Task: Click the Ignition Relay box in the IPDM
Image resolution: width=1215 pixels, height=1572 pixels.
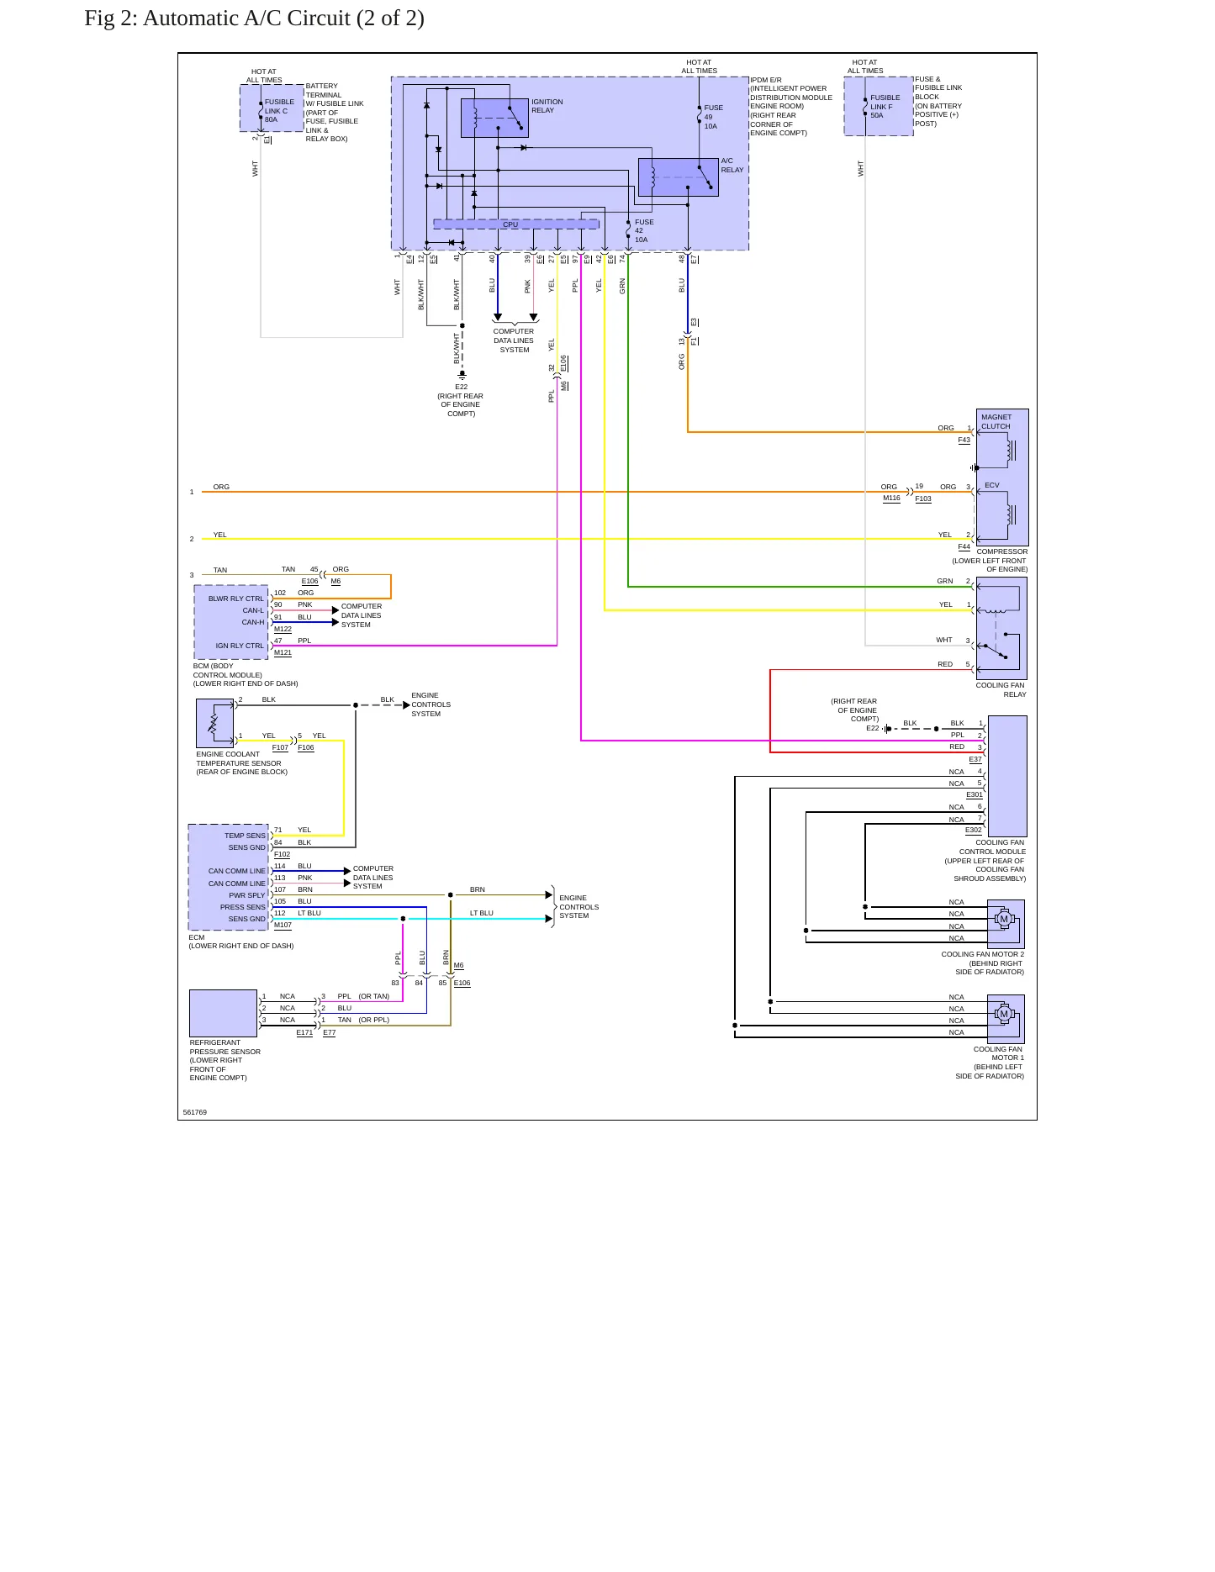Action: pyautogui.click(x=494, y=119)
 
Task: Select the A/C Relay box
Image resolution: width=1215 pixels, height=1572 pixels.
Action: pyautogui.click(x=678, y=177)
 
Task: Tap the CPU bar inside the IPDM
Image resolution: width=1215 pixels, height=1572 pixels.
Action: pyautogui.click(x=515, y=224)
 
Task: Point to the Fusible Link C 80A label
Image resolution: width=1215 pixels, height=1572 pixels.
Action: pyautogui.click(x=279, y=111)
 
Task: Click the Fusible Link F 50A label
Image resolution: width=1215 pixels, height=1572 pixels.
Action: pyautogui.click(x=885, y=107)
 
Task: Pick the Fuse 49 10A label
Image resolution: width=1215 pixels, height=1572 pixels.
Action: pyautogui.click(x=713, y=117)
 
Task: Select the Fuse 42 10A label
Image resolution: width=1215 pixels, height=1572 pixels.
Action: pyautogui.click(x=644, y=231)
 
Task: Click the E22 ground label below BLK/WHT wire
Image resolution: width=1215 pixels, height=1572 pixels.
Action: pyautogui.click(x=461, y=387)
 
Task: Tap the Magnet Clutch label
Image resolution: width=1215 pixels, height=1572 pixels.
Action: pyautogui.click(x=996, y=422)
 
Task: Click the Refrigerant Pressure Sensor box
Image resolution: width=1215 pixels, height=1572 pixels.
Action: pyautogui.click(x=223, y=1013)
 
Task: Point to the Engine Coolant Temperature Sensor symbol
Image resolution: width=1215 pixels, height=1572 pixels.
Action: pyautogui.click(x=214, y=724)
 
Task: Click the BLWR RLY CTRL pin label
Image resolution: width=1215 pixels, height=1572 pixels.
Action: pyautogui.click(x=235, y=599)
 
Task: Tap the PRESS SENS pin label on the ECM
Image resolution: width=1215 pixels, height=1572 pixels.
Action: pyautogui.click(x=242, y=907)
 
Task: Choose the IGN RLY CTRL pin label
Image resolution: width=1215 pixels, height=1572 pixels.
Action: pyautogui.click(x=240, y=646)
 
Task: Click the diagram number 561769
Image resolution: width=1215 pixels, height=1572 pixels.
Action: pyautogui.click(x=194, y=1112)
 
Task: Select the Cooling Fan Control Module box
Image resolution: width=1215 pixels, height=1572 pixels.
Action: pyautogui.click(x=1007, y=776)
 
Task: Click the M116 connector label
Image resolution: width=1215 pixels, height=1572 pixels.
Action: pyautogui.click(x=891, y=498)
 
